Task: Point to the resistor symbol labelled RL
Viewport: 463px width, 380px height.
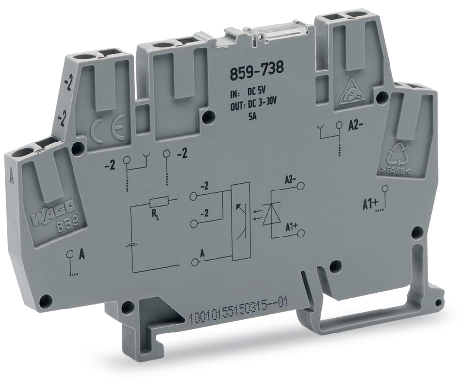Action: [160, 202]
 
